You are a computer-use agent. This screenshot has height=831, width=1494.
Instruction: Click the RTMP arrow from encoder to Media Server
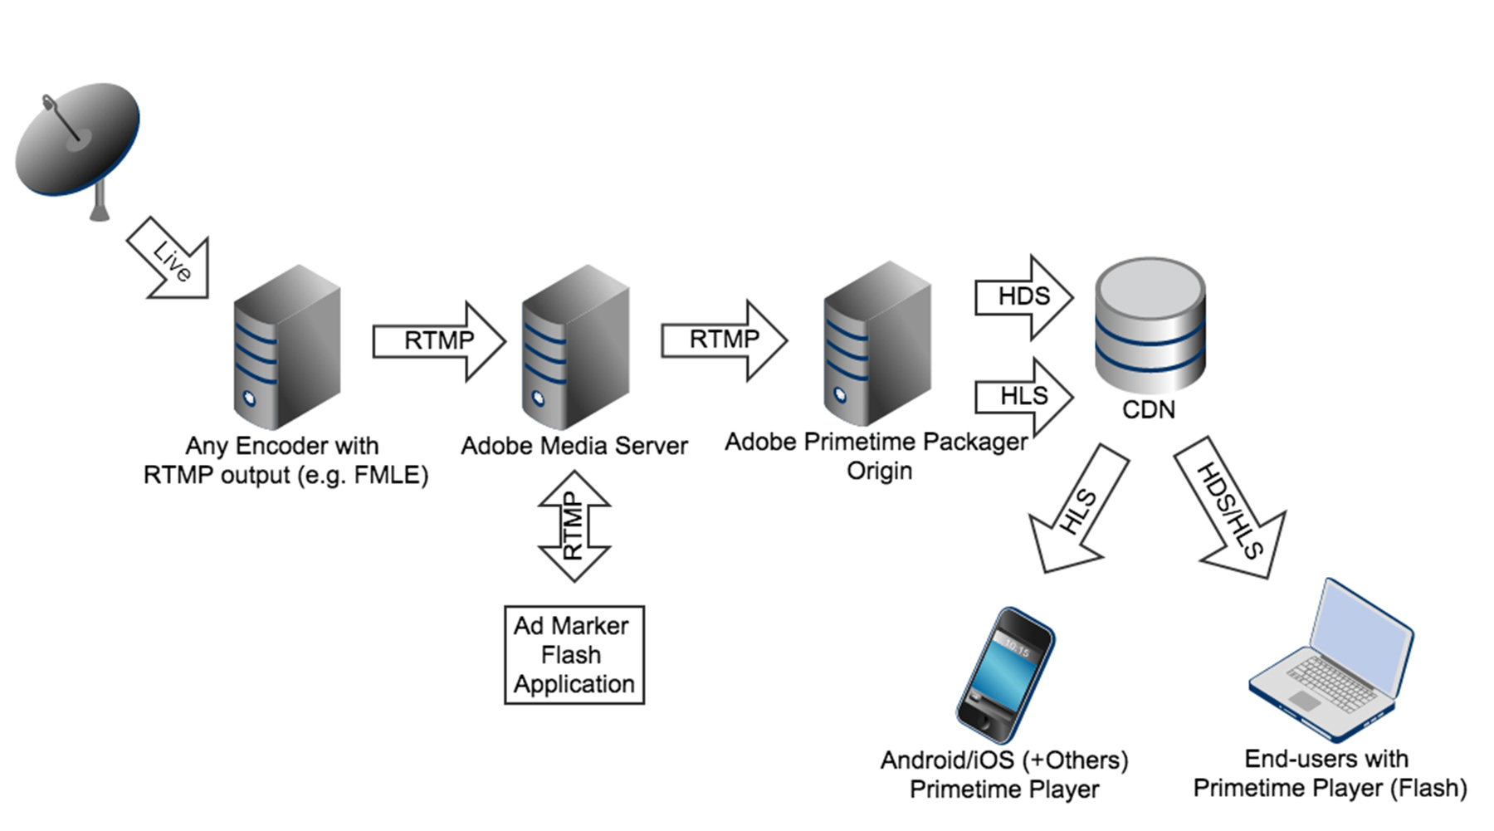(x=439, y=341)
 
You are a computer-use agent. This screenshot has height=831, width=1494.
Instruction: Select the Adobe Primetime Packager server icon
(x=876, y=344)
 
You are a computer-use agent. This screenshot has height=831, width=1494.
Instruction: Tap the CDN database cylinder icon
(x=1150, y=324)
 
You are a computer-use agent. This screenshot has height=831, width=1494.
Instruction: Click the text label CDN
(x=1149, y=410)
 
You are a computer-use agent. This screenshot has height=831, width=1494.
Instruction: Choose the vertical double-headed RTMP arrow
(x=574, y=526)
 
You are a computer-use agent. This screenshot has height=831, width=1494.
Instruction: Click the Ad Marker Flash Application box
(x=574, y=655)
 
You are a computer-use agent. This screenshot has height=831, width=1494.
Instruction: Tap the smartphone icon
(x=1005, y=674)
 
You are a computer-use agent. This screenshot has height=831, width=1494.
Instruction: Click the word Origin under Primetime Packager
(x=879, y=472)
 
